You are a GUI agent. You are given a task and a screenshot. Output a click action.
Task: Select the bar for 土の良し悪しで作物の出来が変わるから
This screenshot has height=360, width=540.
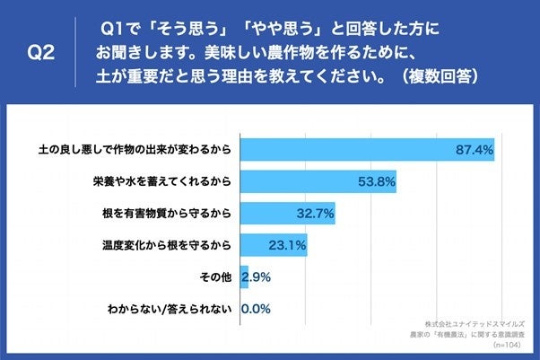pos(368,149)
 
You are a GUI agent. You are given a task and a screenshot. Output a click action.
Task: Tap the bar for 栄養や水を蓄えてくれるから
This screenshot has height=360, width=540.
pos(318,181)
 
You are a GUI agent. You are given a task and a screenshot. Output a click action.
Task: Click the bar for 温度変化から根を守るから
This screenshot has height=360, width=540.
pos(274,244)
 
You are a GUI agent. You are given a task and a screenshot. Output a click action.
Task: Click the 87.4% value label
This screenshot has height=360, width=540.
pos(475,150)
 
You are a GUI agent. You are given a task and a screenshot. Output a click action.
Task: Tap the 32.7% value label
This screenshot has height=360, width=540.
pos(315,214)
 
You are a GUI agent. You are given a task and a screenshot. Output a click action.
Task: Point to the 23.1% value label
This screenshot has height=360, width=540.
pos(288,245)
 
